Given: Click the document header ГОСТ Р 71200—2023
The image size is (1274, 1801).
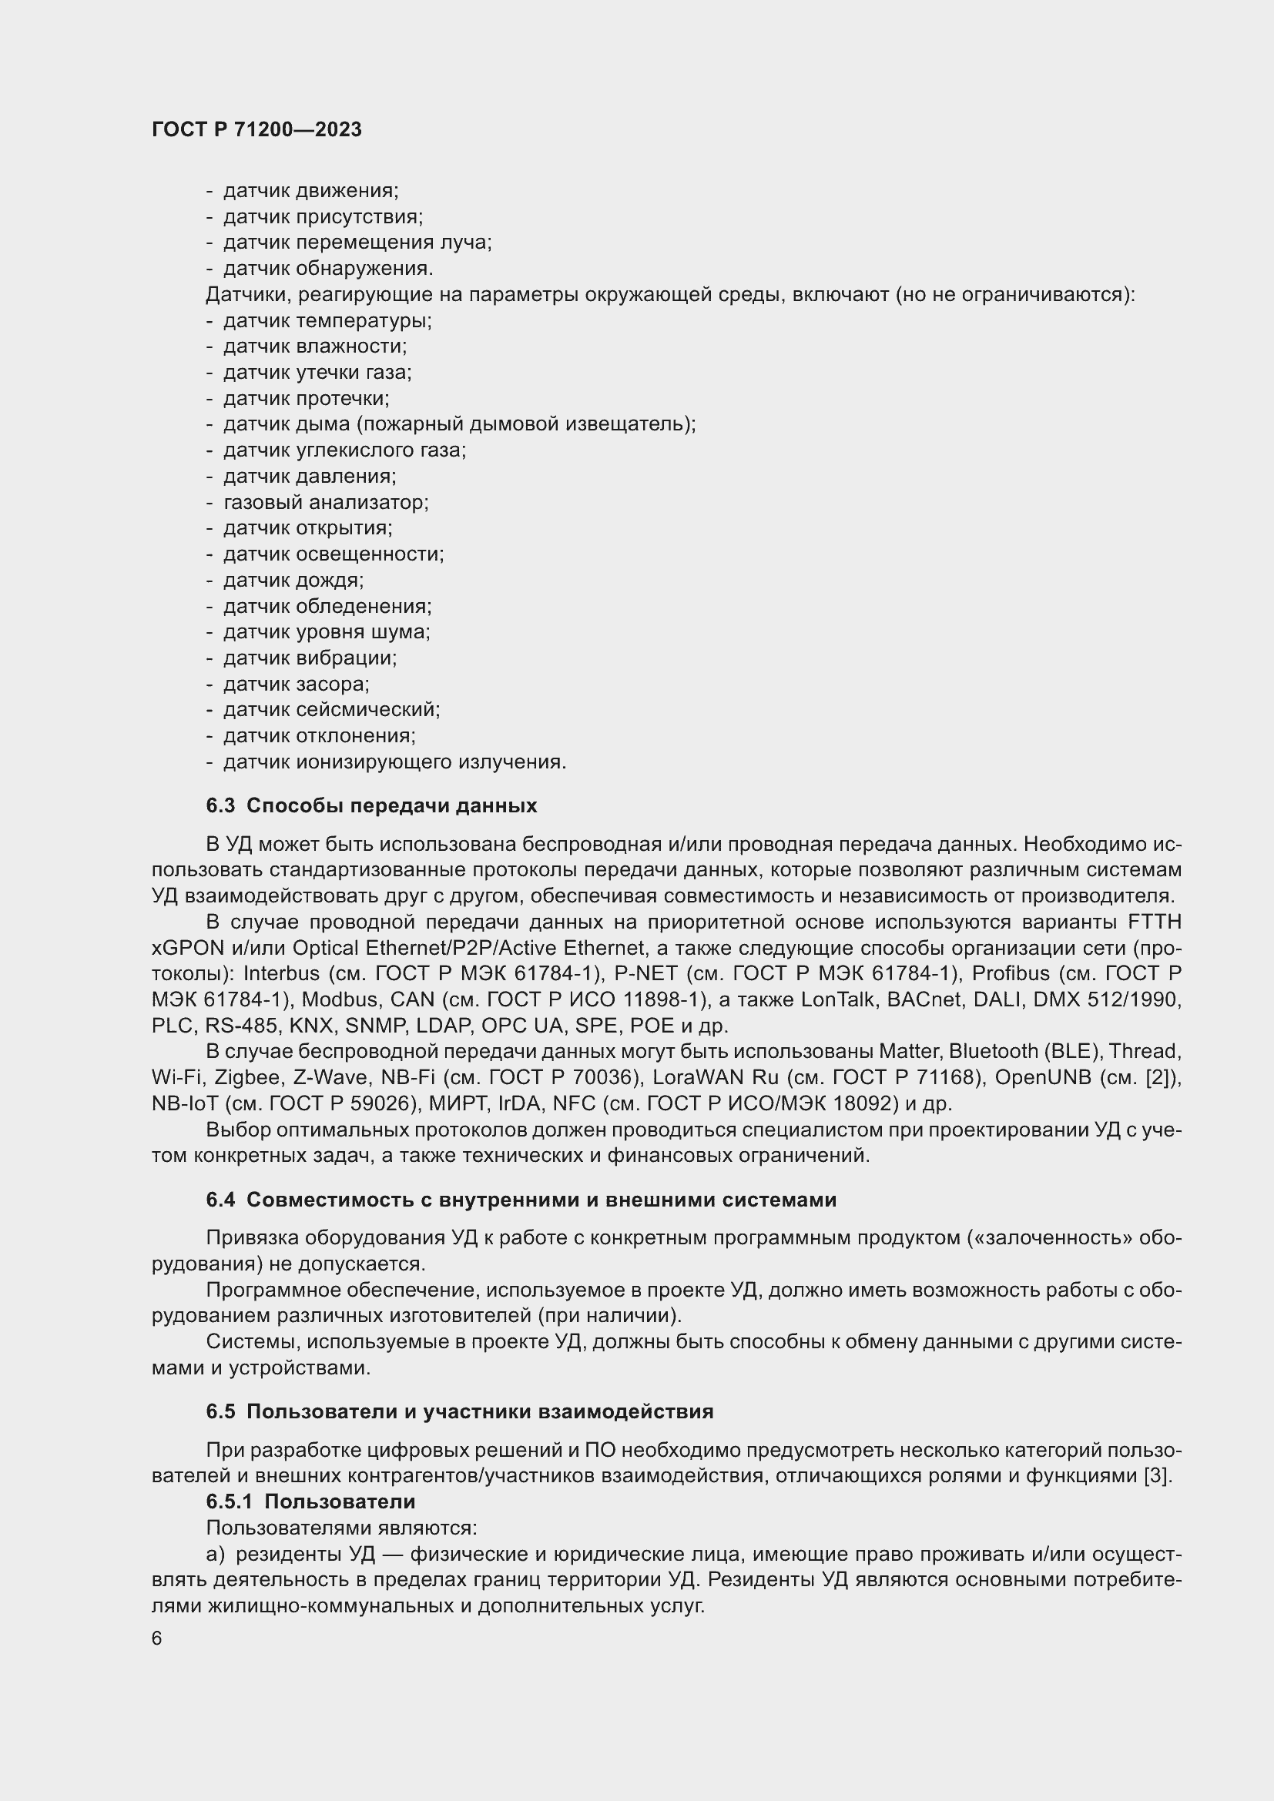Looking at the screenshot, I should [x=256, y=129].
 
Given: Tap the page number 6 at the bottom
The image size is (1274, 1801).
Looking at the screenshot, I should [x=157, y=1639].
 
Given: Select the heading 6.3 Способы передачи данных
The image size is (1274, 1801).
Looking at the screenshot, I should [x=372, y=805].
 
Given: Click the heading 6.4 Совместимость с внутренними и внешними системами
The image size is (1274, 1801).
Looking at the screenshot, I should [x=521, y=1200].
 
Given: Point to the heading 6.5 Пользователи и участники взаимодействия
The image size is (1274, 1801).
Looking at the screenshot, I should [x=460, y=1411].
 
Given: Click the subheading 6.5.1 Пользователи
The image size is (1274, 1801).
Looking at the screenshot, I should [x=310, y=1501].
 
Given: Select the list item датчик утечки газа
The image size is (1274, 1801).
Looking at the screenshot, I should [x=317, y=373].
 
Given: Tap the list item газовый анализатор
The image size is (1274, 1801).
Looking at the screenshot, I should [x=326, y=502].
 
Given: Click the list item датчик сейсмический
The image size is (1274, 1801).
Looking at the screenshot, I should [x=331, y=710].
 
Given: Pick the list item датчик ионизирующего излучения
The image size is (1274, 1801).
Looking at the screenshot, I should [x=394, y=762].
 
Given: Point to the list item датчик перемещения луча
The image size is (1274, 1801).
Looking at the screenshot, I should [x=357, y=243].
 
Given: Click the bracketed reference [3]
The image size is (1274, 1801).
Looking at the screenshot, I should [x=1156, y=1475].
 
